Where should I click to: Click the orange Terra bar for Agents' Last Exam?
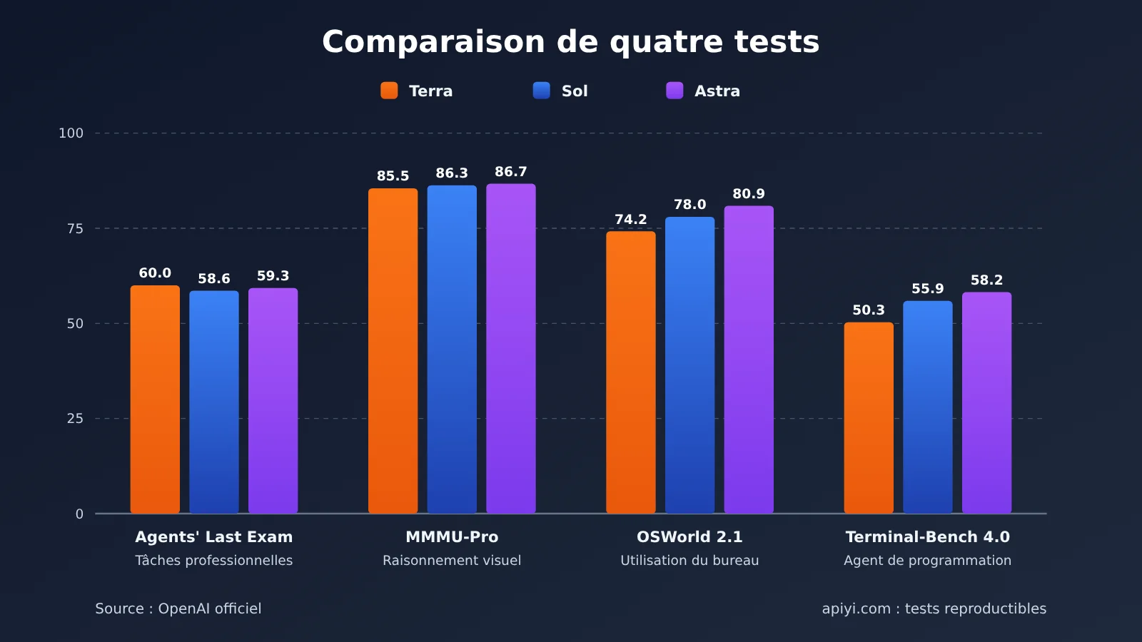tap(155, 399)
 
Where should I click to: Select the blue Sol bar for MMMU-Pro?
tap(452, 349)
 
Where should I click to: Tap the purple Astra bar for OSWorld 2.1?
tap(749, 360)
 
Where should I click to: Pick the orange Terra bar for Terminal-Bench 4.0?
tap(869, 417)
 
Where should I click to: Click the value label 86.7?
tap(511, 172)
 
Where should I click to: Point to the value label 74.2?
tap(631, 219)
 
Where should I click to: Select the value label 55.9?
tap(927, 288)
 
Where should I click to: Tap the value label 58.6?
tap(213, 279)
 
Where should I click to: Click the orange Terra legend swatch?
tap(389, 91)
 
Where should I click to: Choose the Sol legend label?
tap(575, 91)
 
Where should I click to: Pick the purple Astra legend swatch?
tap(674, 91)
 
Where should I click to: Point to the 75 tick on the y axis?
tap(75, 228)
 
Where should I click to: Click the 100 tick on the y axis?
tap(71, 133)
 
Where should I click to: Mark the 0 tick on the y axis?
tap(79, 514)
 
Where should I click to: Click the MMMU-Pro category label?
tap(452, 536)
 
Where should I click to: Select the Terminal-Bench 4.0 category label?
tap(927, 536)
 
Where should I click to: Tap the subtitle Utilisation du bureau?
tap(689, 561)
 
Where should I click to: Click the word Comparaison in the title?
tap(433, 42)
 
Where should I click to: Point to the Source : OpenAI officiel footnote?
tap(178, 608)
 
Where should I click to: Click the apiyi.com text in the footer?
tap(856, 609)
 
